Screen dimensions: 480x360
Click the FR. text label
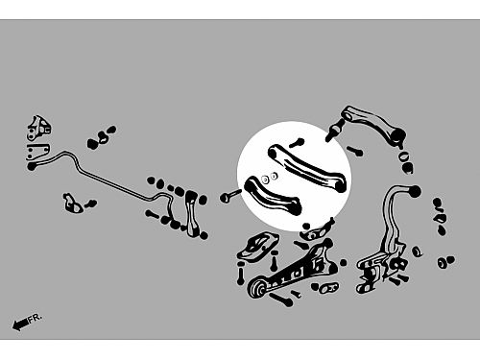(35, 319)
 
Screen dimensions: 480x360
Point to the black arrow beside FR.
(20, 324)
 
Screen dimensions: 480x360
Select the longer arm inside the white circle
(307, 168)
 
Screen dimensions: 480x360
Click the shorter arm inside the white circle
(273, 195)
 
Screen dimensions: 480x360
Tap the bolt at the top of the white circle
(297, 143)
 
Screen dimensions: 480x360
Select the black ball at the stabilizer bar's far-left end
(32, 166)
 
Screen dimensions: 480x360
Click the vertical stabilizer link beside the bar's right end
(191, 214)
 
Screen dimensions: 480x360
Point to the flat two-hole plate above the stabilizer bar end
(37, 151)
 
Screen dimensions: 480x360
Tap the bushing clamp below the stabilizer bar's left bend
(73, 203)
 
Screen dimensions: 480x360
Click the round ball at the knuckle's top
(415, 192)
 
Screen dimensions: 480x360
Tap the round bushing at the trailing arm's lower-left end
(258, 288)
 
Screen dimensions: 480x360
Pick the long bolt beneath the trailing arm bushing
(281, 299)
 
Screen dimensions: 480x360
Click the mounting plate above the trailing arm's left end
(258, 247)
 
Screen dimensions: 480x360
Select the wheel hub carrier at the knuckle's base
(381, 268)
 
